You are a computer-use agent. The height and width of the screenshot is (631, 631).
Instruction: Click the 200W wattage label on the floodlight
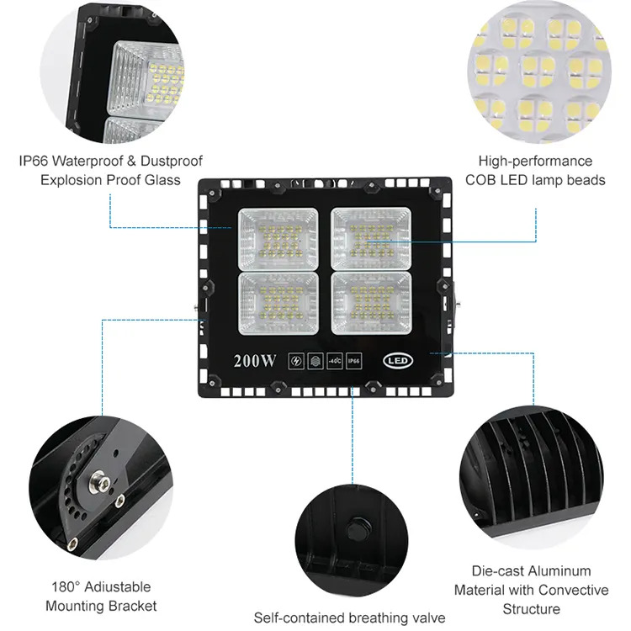coord(255,361)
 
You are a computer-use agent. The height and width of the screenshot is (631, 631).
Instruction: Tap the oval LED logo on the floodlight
coord(398,360)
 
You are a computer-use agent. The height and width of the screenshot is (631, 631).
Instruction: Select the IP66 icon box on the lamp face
coord(353,361)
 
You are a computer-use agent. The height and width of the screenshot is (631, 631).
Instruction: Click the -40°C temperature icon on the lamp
coord(334,361)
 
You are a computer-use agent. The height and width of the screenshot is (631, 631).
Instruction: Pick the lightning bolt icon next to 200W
coord(296,361)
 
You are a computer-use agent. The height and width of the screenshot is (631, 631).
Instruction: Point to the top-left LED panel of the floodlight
coord(278,239)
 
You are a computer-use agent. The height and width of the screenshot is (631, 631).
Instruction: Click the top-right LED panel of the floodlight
coord(371,239)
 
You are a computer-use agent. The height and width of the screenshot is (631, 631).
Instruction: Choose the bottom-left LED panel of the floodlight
coord(278,304)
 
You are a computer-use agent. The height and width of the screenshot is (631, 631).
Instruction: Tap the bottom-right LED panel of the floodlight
coord(371,304)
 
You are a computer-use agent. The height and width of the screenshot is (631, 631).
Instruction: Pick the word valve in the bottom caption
coord(428,618)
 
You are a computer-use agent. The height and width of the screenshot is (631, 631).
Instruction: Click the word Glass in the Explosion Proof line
coord(162,180)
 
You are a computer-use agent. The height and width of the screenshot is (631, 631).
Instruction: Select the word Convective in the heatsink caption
coord(573,590)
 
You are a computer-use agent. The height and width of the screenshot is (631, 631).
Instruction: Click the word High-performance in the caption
coord(535,161)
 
